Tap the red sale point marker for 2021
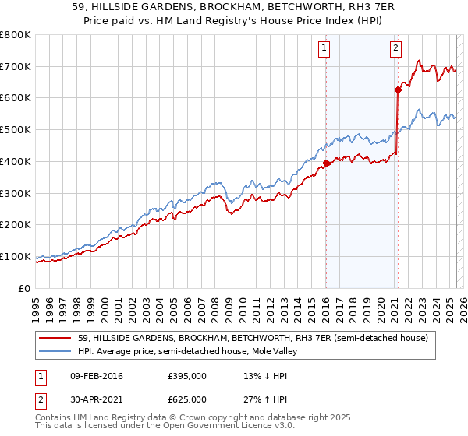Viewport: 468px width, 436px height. click(x=397, y=90)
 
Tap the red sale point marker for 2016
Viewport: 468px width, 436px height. click(x=326, y=163)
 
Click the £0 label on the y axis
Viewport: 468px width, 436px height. click(x=25, y=288)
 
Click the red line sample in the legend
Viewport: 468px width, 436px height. click(x=55, y=339)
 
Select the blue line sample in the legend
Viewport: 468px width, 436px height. click(x=55, y=352)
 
